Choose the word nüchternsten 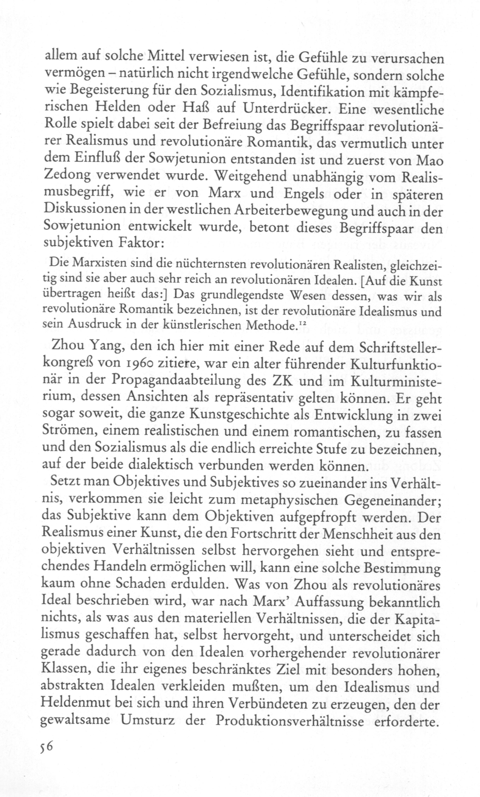point(207,265)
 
